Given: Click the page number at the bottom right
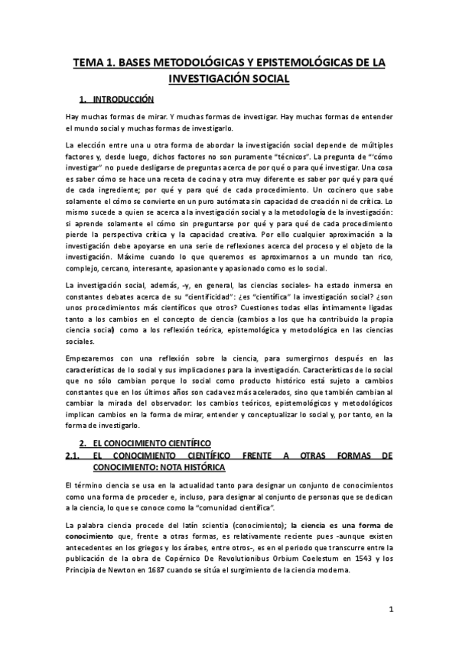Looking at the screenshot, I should (x=390, y=609).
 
